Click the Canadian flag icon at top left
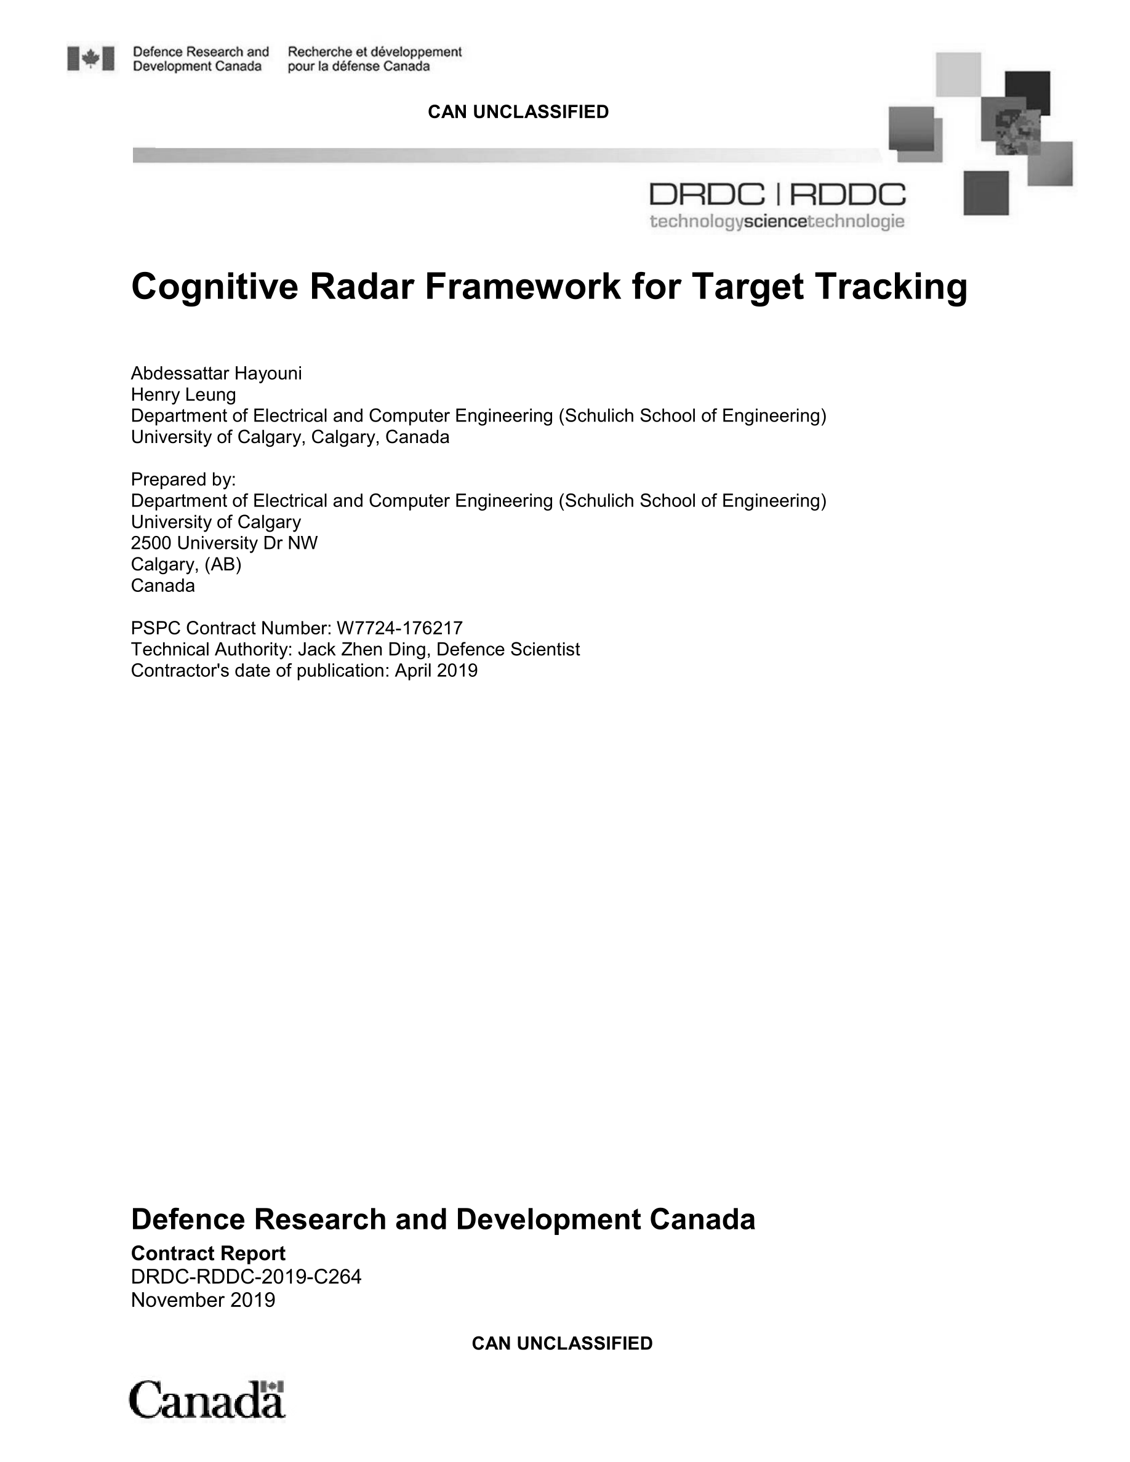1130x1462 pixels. tap(90, 59)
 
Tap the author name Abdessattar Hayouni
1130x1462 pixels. tap(216, 373)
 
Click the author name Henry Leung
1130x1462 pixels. tap(183, 395)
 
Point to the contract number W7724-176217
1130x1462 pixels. tap(399, 628)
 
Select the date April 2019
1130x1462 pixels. tap(436, 671)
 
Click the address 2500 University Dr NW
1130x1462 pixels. tap(224, 543)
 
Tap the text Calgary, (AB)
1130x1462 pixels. tap(186, 564)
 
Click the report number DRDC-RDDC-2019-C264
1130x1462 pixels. tap(246, 1277)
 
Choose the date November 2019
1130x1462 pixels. tap(203, 1300)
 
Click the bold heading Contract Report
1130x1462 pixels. tap(208, 1253)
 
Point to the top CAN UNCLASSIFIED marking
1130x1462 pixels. tap(518, 112)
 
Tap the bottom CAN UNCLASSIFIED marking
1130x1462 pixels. tap(562, 1343)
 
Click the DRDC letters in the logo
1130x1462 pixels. tap(707, 196)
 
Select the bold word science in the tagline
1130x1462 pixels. tap(775, 222)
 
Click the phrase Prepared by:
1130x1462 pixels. tap(183, 479)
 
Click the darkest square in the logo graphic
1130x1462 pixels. tap(1028, 92)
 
